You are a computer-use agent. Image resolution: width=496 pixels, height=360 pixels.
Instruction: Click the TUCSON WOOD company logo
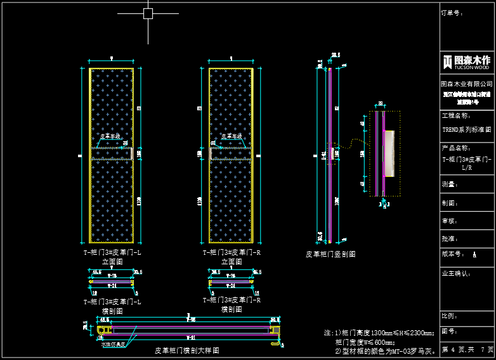tap(467, 61)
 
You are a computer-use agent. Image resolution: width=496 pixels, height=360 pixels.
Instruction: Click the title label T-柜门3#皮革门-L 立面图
tap(112, 256)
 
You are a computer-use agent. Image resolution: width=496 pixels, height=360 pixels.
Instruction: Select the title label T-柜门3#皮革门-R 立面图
tap(232, 256)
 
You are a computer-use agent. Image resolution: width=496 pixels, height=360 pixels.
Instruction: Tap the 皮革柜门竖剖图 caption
tap(330, 254)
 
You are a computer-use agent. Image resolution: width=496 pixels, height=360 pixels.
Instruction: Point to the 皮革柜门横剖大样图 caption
tap(187, 350)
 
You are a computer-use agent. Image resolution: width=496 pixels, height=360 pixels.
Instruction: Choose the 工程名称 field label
tap(455, 116)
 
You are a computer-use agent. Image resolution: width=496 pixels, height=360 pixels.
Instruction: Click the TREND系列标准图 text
tap(467, 130)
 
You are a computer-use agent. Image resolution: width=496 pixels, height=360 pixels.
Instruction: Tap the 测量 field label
tap(450, 184)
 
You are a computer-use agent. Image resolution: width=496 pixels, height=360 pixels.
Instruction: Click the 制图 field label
tap(450, 203)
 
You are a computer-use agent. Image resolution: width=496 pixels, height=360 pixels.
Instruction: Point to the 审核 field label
tap(450, 221)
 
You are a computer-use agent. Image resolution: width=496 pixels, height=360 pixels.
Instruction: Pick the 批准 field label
tap(450, 239)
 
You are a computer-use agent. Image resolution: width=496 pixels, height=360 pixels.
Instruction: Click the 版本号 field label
tap(453, 254)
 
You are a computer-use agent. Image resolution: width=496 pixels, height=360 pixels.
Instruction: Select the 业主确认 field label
tap(455, 273)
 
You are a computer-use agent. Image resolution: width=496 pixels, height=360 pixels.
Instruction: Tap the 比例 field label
tap(450, 315)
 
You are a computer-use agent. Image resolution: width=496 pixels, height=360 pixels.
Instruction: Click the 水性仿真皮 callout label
tap(112, 345)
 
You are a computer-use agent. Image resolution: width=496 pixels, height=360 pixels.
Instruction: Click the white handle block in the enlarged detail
tap(389, 153)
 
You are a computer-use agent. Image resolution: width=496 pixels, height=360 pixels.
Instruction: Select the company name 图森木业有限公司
tap(467, 84)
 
